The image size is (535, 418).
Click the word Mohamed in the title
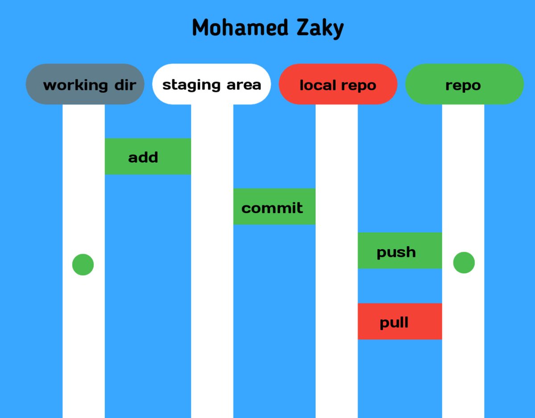pos(234,28)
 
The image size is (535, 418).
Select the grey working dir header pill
pos(85,84)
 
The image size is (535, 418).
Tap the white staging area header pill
pos(211,84)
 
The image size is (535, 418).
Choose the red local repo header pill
pos(337,84)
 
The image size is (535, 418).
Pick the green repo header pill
pos(464,84)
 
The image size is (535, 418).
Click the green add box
pos(148,156)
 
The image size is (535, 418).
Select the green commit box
pos(274,206)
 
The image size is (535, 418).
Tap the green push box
pos(399,250)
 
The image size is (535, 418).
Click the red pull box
pos(399,321)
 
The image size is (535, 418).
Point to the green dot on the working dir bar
pos(83,265)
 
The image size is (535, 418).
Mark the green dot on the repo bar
pos(464,262)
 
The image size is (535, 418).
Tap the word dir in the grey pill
pos(125,85)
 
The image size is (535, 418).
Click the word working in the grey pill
pos(75,85)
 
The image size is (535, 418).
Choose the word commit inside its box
pos(272,208)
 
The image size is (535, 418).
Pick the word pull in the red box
pos(394,323)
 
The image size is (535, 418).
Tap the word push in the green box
pos(396,252)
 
